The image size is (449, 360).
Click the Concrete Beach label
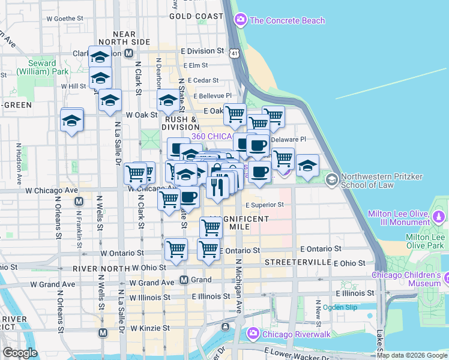287,20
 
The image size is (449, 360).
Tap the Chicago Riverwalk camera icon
253,333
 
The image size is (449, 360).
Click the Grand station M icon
184,280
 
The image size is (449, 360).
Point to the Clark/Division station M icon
128,53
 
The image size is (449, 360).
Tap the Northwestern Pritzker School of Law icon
331,179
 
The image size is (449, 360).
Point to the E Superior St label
264,205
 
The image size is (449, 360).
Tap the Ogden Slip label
340,307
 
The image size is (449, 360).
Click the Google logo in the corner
20,353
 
